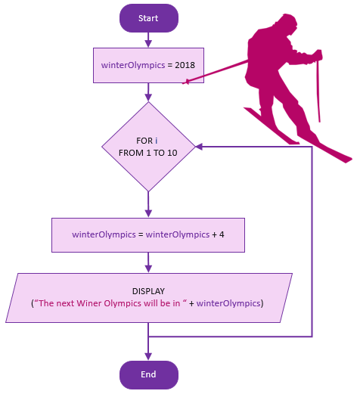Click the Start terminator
(149, 18)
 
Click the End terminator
(149, 375)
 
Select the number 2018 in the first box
(185, 65)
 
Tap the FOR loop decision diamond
(148, 147)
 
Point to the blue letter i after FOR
(157, 141)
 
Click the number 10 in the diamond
(172, 153)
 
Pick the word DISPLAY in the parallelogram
(148, 291)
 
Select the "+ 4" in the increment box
(219, 234)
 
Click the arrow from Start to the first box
(148, 40)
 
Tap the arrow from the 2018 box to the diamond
(148, 92)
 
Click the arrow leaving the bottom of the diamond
(148, 204)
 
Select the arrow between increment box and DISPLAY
(148, 262)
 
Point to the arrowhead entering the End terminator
(148, 356)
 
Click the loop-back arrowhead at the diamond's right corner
(199, 147)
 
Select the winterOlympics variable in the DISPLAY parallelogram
(228, 303)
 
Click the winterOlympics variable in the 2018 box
(133, 65)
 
